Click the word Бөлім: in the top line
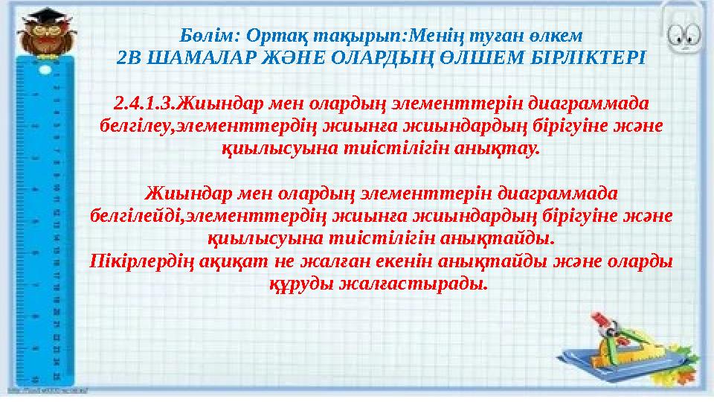pyautogui.click(x=205, y=35)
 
